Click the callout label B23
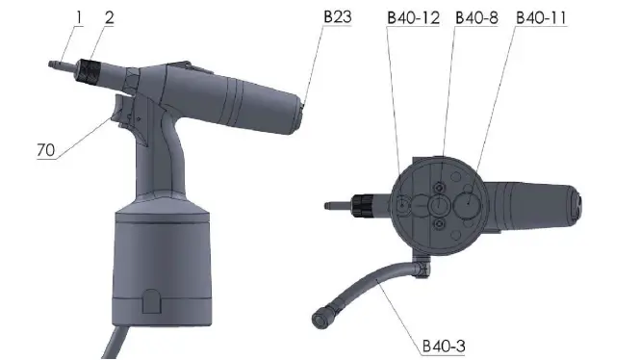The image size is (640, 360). coord(338,17)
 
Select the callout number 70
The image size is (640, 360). coord(47,150)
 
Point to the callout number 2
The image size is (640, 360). coord(108,17)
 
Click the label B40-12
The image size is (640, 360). coord(413,17)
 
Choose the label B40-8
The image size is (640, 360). coord(475,17)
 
